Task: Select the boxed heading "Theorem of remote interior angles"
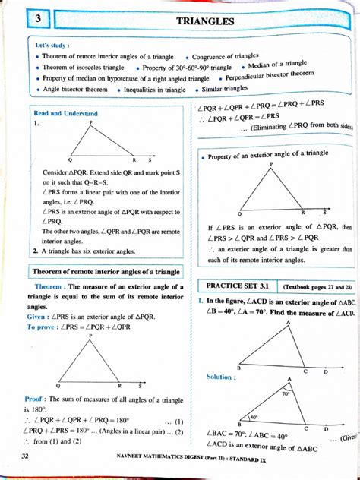106,271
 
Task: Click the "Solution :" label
219,377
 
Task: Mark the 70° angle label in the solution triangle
286,394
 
